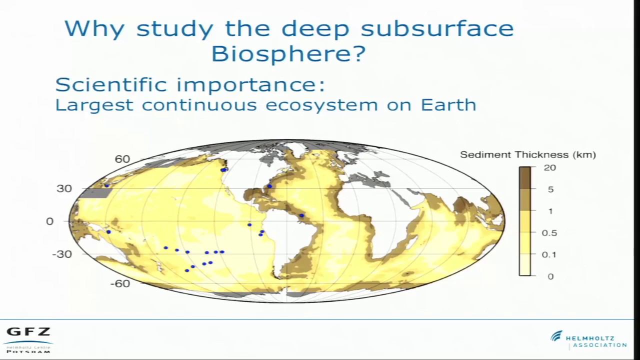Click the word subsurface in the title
point(437,28)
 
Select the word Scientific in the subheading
point(111,84)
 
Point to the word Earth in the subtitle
point(448,105)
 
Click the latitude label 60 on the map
point(122,159)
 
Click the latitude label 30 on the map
point(64,188)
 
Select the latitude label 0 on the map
point(49,221)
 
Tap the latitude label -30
point(62,254)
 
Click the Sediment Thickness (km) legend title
point(527,155)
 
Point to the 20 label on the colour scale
point(549,168)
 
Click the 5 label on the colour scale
point(550,189)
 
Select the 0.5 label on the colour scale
point(549,233)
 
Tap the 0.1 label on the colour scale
point(549,254)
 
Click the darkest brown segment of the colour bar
point(524,177)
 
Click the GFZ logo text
point(28,332)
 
